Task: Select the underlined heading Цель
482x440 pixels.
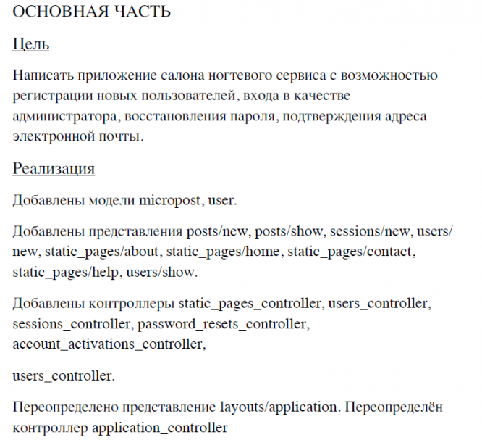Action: pos(31,45)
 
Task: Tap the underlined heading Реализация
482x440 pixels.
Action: pos(54,170)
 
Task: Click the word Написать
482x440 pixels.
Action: pos(42,75)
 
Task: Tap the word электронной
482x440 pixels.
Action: pos(48,136)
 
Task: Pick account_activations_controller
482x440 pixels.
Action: pos(109,344)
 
